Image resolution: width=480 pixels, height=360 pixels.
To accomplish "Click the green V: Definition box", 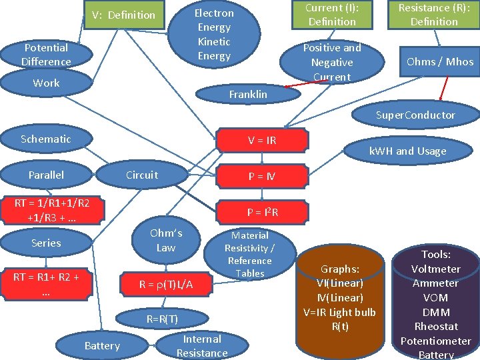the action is [x=124, y=15].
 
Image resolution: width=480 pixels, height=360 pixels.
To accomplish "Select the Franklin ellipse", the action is [x=248, y=94].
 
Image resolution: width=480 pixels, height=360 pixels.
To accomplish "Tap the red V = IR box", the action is [x=262, y=140].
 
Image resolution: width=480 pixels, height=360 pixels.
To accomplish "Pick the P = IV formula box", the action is [x=262, y=176].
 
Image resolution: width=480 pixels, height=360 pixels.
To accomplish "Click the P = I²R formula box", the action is [x=263, y=212].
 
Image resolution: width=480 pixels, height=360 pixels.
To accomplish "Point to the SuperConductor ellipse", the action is [x=416, y=115].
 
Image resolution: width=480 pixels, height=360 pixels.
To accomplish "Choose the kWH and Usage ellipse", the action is [x=408, y=151].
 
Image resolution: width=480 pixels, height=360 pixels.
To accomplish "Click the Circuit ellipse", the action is [x=142, y=175].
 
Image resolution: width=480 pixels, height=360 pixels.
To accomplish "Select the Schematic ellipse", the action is [x=46, y=139].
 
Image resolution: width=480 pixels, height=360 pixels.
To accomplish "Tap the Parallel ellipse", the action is [x=46, y=175].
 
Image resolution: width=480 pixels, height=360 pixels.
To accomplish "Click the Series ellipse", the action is [x=46, y=243].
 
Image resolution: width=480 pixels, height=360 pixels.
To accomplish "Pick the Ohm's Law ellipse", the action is [x=166, y=240].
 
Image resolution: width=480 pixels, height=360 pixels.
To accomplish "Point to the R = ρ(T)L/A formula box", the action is [x=166, y=285].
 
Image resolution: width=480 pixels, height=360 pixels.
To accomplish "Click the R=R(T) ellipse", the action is [x=162, y=319].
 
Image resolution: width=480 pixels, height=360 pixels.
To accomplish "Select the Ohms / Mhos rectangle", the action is [x=440, y=61].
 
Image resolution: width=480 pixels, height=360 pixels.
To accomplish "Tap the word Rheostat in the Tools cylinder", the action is [x=436, y=326].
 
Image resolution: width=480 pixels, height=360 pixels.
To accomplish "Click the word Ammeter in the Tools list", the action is [x=435, y=283].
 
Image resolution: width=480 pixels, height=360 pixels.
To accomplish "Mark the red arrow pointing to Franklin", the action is [x=306, y=83].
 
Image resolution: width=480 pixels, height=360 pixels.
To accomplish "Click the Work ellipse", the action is [x=46, y=83].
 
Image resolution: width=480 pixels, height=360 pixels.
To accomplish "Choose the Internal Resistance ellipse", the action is [x=202, y=346].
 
